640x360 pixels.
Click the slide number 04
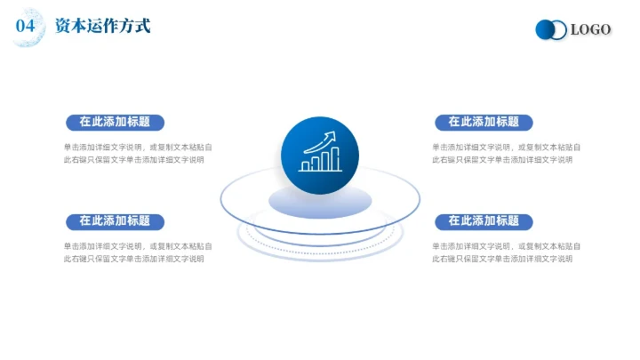point(26,27)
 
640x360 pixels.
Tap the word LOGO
point(590,30)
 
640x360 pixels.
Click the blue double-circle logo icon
point(551,30)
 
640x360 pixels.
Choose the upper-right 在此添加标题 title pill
point(484,122)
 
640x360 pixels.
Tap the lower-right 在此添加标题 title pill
point(484,220)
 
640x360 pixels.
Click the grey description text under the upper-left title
point(137,154)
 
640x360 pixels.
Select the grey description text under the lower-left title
point(137,252)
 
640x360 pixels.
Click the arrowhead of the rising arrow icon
point(333,135)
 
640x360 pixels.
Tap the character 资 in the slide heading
point(63,27)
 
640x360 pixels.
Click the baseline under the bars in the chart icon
point(320,172)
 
